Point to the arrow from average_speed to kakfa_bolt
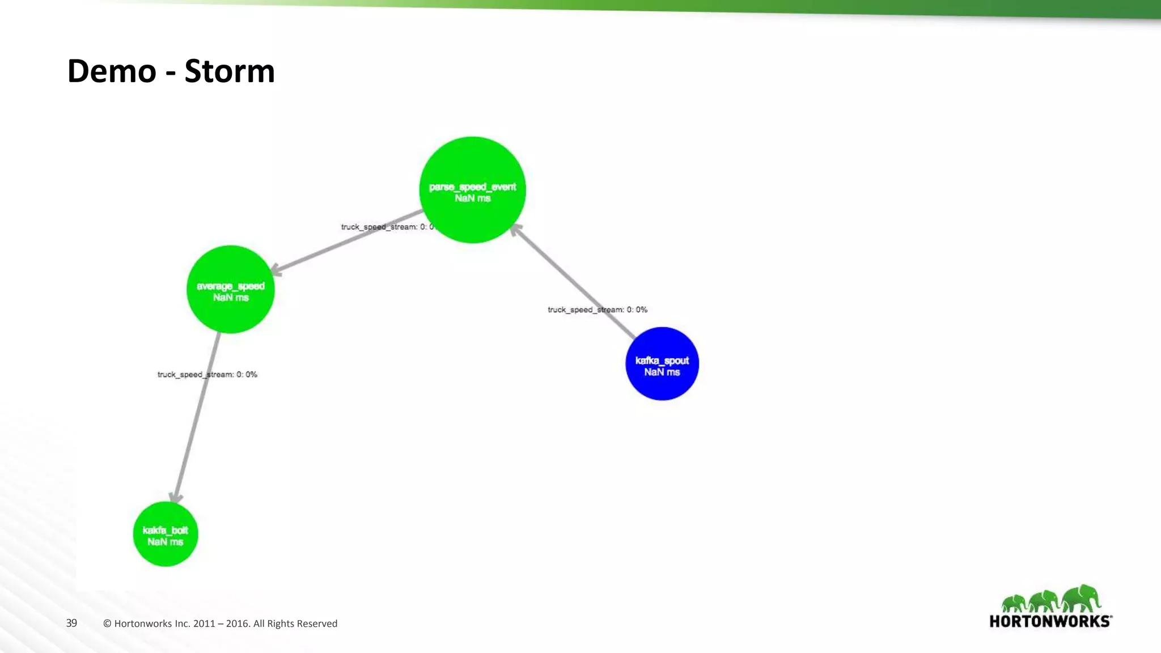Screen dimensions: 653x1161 pyautogui.click(x=196, y=419)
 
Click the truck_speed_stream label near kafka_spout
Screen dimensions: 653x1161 pyautogui.click(x=597, y=309)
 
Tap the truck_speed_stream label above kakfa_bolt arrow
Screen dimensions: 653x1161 pyautogui.click(x=207, y=375)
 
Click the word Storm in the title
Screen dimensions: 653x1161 pyautogui.click(x=230, y=71)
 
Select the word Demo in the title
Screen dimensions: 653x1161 pyautogui.click(x=112, y=71)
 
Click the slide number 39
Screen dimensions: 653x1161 pyautogui.click(x=71, y=623)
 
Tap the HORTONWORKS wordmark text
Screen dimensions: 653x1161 pyautogui.click(x=1050, y=621)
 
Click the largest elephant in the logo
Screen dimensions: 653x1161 pyautogui.click(x=1082, y=598)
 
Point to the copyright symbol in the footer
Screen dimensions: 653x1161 pyautogui.click(x=107, y=624)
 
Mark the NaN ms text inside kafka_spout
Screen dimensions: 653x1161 pyautogui.click(x=662, y=372)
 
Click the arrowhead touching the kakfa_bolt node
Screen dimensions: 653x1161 pyautogui.click(x=176, y=498)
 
